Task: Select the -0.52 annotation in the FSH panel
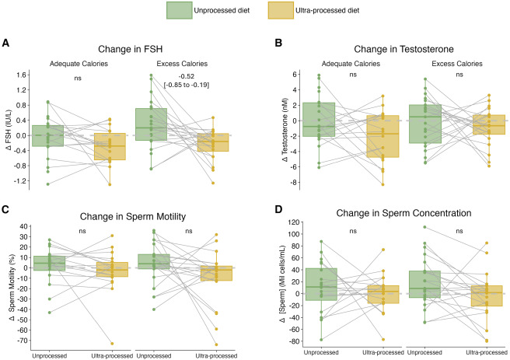coord(186,75)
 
